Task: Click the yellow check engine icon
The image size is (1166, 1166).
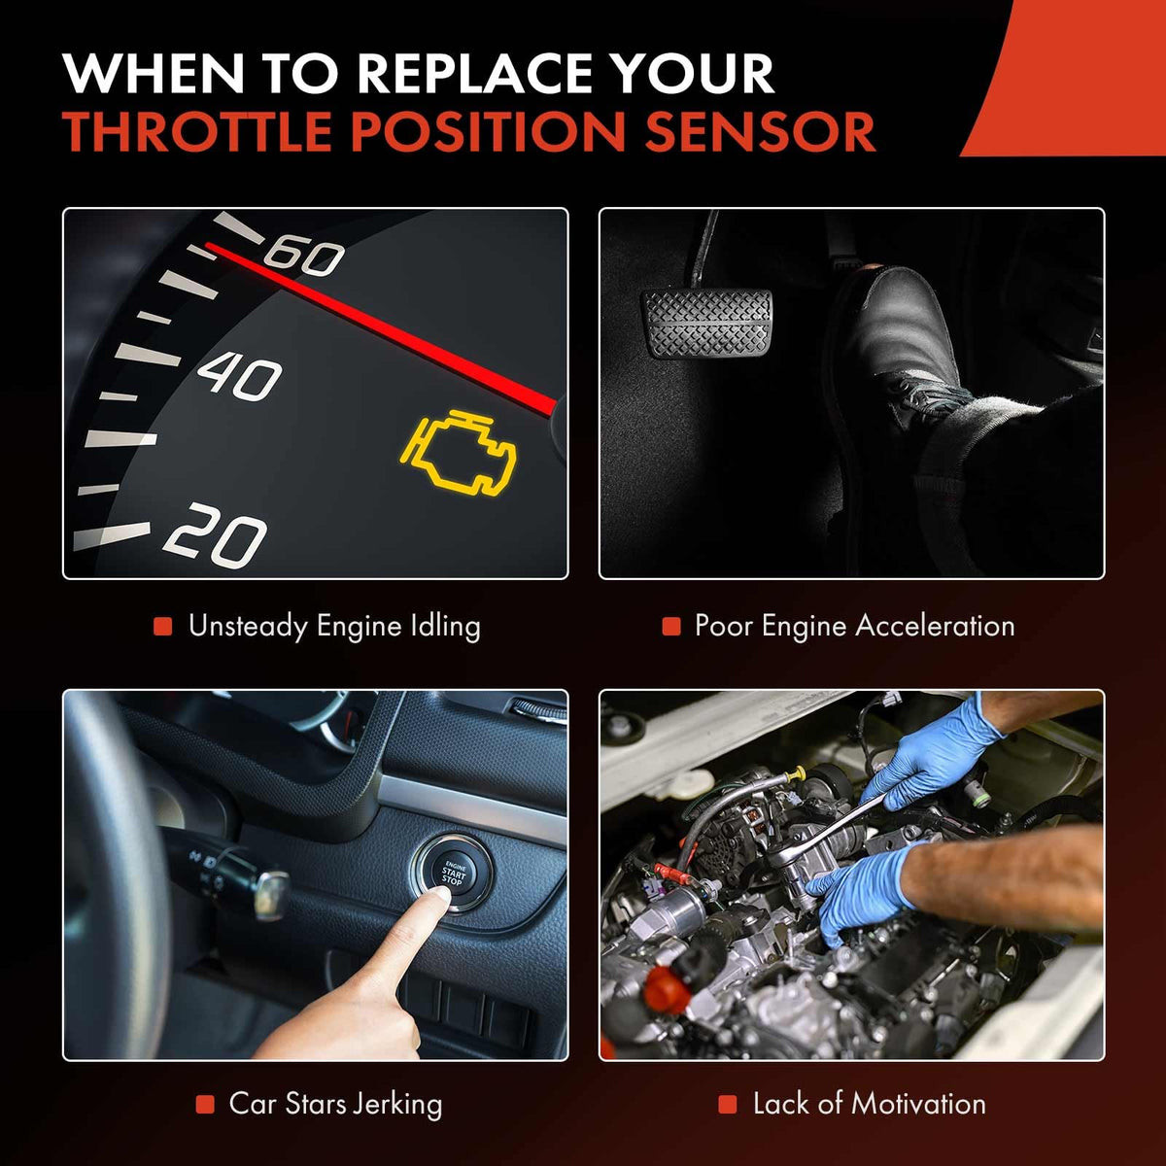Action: pos(459,451)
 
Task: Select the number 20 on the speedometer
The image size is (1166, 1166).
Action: pos(215,534)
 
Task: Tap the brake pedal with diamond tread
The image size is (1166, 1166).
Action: pos(706,324)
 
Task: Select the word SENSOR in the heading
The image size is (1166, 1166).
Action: pos(760,131)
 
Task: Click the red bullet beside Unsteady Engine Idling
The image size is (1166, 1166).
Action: pos(163,627)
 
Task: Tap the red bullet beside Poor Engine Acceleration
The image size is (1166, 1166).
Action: pos(671,627)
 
